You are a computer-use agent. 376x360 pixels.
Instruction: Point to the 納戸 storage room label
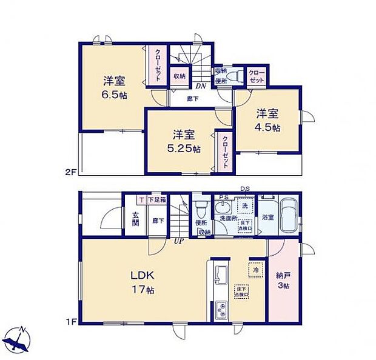[x=283, y=275]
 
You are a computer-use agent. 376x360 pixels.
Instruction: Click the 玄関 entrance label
[x=136, y=218]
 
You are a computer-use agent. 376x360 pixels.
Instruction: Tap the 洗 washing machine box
[x=244, y=207]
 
